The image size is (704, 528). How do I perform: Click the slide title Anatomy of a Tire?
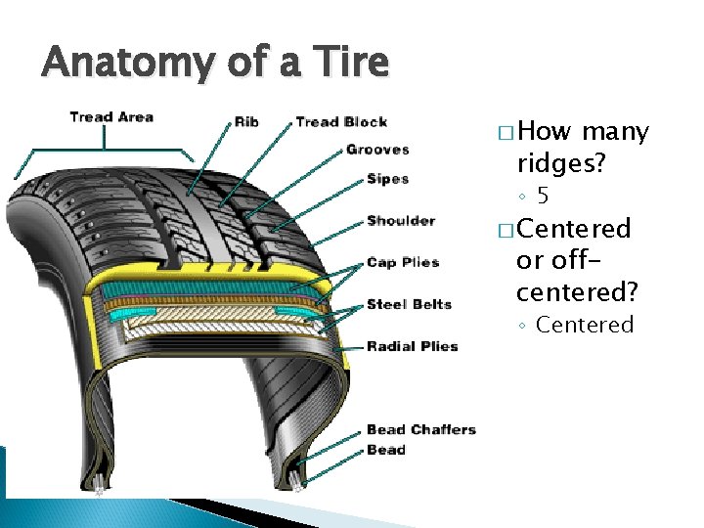click(215, 64)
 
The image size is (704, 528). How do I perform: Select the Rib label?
click(246, 122)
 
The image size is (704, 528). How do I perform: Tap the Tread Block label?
click(341, 122)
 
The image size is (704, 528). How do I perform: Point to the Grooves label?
click(377, 150)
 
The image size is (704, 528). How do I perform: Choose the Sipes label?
click(387, 179)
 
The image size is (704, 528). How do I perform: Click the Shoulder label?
click(401, 221)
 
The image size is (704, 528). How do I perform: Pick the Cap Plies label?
click(403, 262)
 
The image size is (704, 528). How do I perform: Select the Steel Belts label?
click(409, 304)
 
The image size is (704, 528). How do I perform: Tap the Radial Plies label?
click(412, 346)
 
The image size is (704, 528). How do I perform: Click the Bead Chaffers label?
click(420, 429)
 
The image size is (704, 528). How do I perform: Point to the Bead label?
click(385, 450)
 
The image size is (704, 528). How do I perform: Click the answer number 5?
click(543, 196)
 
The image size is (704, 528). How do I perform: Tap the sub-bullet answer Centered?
click(585, 325)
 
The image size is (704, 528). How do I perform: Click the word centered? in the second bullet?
click(577, 291)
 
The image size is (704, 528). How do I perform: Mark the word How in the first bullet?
click(546, 132)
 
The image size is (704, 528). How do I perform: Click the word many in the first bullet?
click(615, 132)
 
